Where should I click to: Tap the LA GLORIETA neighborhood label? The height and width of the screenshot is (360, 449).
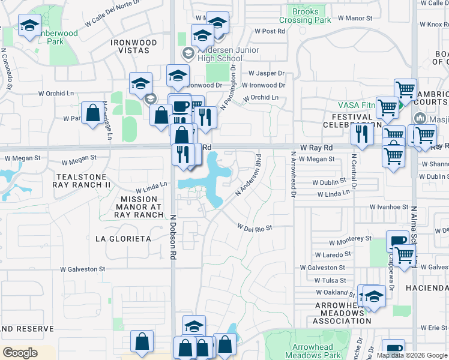click(123, 239)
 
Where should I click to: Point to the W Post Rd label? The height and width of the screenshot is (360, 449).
click(269, 31)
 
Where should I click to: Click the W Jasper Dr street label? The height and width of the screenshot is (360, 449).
click(264, 73)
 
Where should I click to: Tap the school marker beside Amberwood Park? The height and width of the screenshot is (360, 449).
click(29, 26)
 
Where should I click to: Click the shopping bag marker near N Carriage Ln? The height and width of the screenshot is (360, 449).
click(92, 113)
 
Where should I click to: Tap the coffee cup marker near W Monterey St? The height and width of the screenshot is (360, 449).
click(397, 242)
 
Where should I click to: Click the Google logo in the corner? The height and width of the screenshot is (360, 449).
click(20, 353)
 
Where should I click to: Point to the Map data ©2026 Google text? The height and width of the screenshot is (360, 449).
click(412, 355)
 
